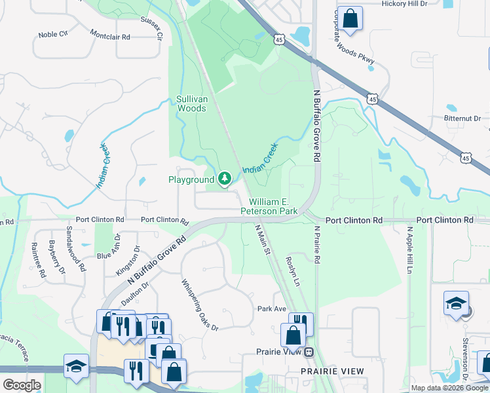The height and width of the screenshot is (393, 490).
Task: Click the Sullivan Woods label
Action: (191, 103)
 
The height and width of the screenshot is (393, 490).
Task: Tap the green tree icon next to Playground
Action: (225, 178)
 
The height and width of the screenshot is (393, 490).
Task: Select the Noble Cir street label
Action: (52, 35)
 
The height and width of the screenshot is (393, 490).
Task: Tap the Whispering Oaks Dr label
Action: (199, 305)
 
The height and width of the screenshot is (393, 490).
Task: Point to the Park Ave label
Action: (272, 309)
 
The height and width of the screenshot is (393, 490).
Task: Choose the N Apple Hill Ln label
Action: (409, 251)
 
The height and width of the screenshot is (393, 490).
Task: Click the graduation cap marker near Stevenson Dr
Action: (456, 303)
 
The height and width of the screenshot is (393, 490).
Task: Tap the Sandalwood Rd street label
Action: (75, 250)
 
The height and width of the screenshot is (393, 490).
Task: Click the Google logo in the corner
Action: (22, 385)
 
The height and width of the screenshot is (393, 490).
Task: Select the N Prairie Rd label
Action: (316, 245)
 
